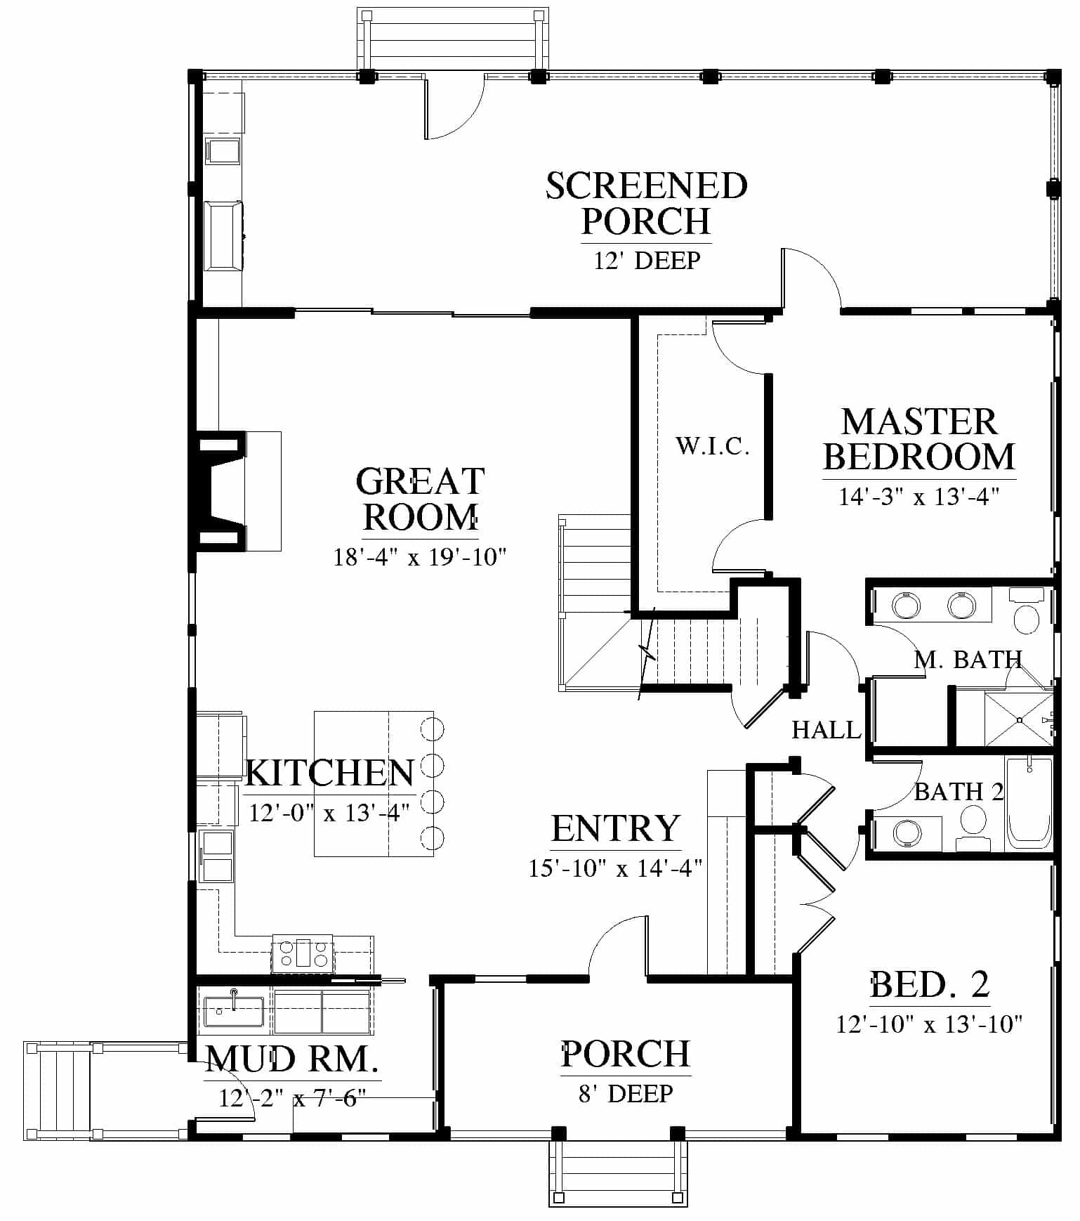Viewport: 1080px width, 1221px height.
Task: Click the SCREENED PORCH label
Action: pyautogui.click(x=646, y=204)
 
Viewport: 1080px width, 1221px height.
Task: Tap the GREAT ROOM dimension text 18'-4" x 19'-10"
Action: pyautogui.click(x=420, y=557)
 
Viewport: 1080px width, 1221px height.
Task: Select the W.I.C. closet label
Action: pyautogui.click(x=713, y=445)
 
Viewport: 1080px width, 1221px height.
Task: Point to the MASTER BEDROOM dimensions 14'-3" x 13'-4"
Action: pyautogui.click(x=918, y=497)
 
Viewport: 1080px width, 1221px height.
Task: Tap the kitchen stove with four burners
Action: pyautogui.click(x=303, y=953)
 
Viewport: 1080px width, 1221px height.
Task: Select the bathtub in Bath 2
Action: pyautogui.click(x=1030, y=803)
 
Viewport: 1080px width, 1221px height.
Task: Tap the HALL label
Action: pyautogui.click(x=827, y=730)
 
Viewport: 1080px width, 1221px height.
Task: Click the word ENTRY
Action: pyautogui.click(x=616, y=828)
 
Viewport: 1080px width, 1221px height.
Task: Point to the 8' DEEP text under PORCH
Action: pyautogui.click(x=626, y=1093)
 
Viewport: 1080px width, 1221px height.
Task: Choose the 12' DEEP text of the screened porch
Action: pyautogui.click(x=647, y=261)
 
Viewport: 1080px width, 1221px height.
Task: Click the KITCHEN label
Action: pyautogui.click(x=330, y=773)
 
